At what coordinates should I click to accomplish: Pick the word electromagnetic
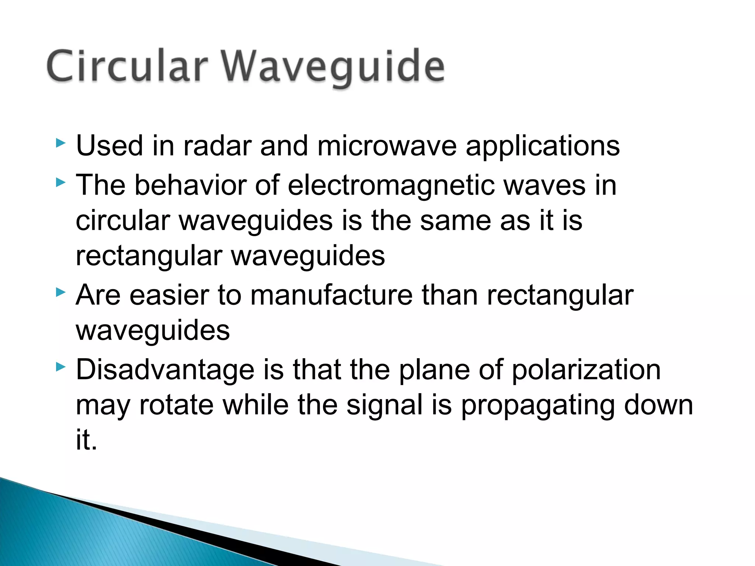(391, 186)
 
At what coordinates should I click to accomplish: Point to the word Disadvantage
(165, 370)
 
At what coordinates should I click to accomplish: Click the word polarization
(586, 371)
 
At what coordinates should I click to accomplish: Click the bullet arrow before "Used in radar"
(61, 143)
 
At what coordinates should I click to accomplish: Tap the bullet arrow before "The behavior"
(61, 182)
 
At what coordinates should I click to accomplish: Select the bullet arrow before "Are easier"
(61, 293)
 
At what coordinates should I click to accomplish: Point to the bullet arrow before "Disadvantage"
(61, 367)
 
